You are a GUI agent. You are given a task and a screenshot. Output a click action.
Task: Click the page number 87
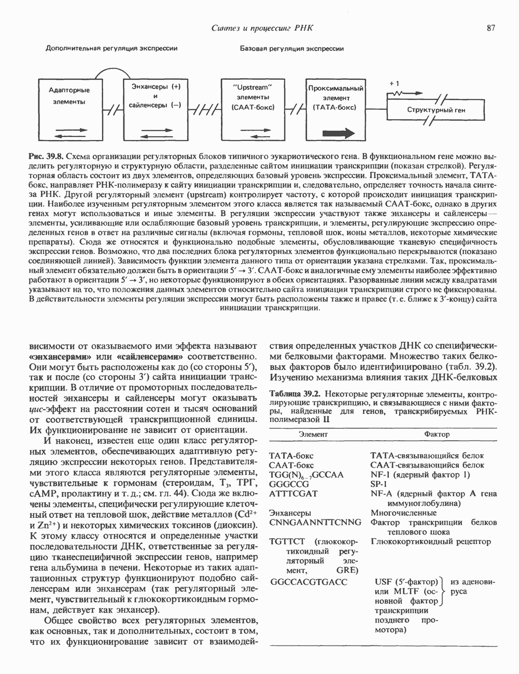pyautogui.click(x=492, y=27)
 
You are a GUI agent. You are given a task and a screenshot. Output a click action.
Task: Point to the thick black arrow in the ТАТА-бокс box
pyautogui.click(x=336, y=134)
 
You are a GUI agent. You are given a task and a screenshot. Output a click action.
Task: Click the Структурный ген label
pyautogui.click(x=436, y=110)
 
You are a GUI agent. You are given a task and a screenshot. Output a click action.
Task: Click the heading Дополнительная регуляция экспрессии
pyautogui.click(x=112, y=49)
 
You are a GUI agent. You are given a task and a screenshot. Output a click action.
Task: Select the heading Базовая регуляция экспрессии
pyautogui.click(x=292, y=49)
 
